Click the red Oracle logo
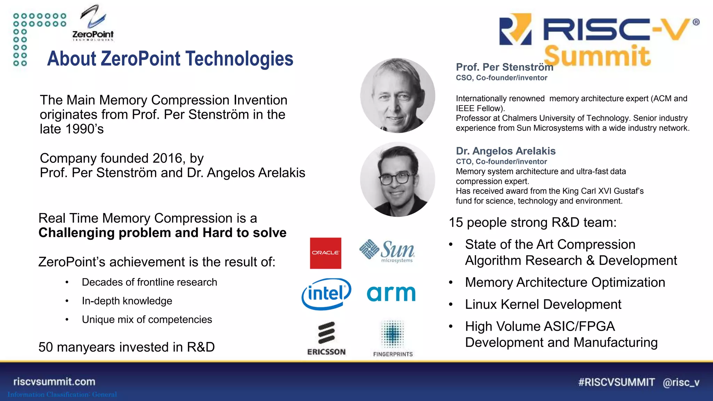[x=326, y=253]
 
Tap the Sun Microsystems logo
[x=387, y=251]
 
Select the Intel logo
[x=326, y=294]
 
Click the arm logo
[x=391, y=293]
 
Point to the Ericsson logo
[x=326, y=338]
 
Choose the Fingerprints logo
[x=393, y=338]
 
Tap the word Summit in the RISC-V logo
[x=597, y=56]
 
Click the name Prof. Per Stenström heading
[x=504, y=67]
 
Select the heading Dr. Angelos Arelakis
[x=506, y=151]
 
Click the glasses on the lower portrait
[x=395, y=179]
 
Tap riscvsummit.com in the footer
[x=54, y=382]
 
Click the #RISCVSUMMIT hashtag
[x=616, y=382]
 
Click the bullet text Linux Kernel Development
[x=543, y=305]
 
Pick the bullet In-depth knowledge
[x=127, y=301]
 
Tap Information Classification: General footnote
[x=62, y=394]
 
